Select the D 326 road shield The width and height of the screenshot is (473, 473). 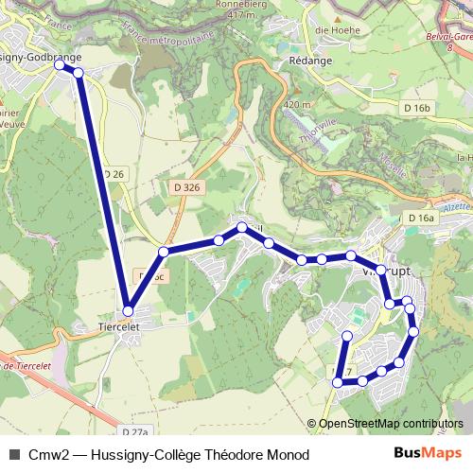tap(187, 187)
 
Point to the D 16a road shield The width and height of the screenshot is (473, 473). tap(421, 219)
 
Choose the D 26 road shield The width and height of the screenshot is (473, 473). tap(114, 174)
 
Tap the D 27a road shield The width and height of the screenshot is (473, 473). tap(135, 432)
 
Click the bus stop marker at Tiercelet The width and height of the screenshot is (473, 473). tap(128, 310)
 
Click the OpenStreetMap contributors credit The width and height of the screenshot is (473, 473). tap(391, 424)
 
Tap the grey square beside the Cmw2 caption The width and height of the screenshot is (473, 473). tap(13, 455)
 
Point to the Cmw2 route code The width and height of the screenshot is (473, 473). tap(46, 455)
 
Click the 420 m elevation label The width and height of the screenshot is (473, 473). tap(296, 104)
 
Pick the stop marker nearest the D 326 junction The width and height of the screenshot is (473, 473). tap(164, 252)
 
